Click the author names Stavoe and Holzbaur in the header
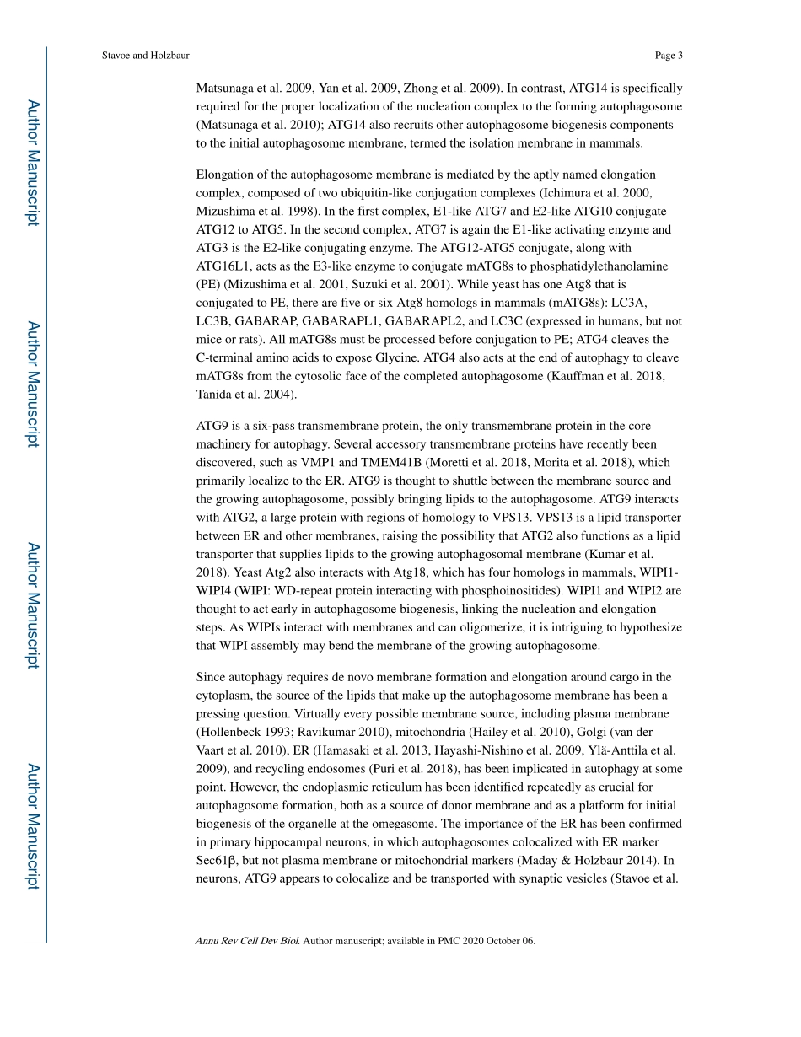145,56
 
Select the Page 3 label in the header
669,56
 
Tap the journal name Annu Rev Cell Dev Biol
247,941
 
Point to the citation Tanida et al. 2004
245,395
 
